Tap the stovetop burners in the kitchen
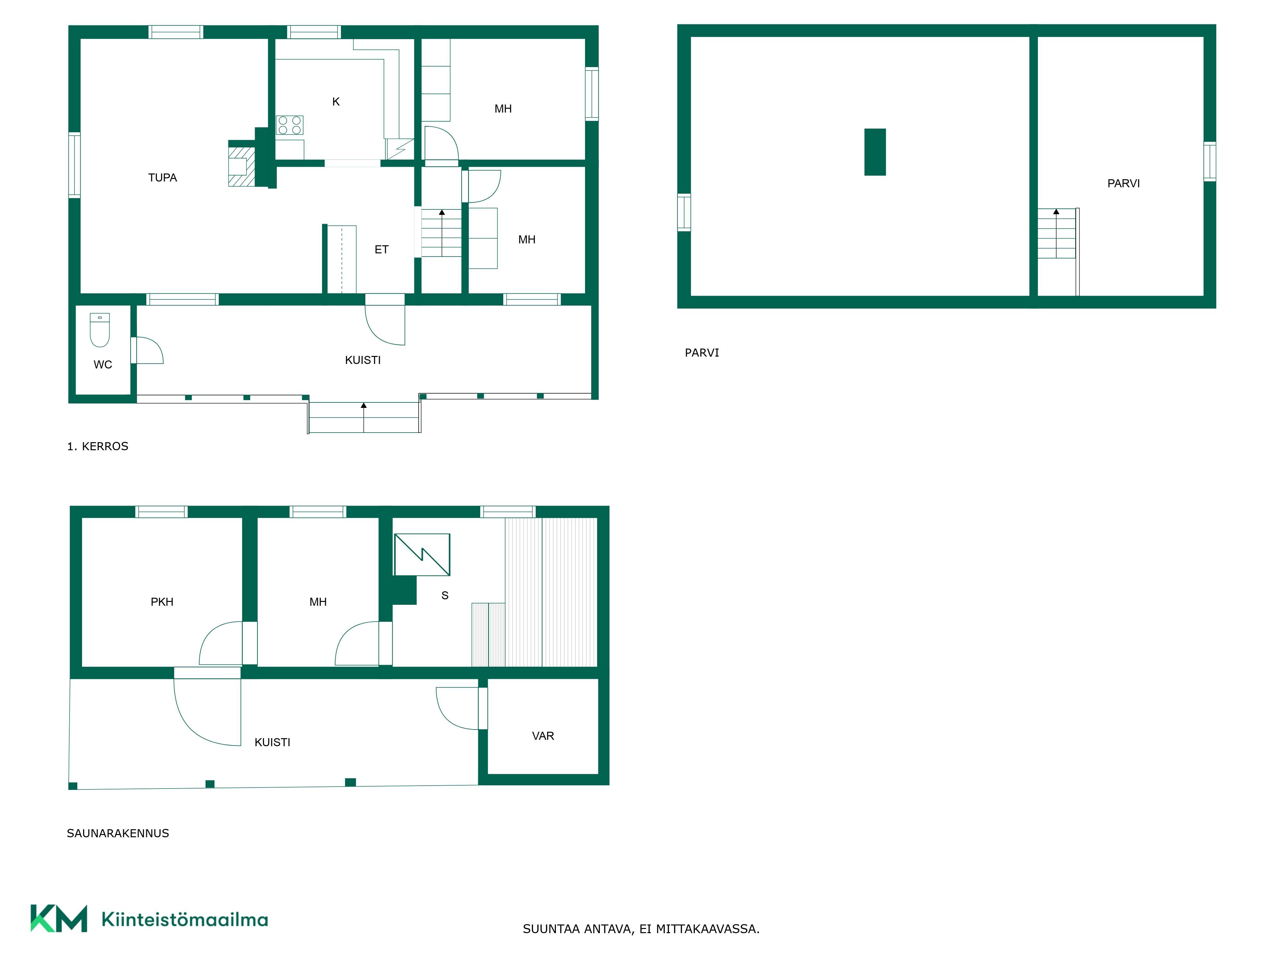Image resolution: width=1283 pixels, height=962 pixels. (289, 125)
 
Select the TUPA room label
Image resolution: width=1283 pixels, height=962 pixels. (162, 177)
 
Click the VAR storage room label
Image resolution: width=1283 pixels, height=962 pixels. (543, 736)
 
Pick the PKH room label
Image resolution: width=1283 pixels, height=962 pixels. (162, 602)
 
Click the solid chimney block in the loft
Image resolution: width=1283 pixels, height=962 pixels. (875, 152)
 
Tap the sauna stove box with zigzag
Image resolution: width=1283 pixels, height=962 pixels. (422, 554)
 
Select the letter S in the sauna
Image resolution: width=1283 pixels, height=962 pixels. (445, 595)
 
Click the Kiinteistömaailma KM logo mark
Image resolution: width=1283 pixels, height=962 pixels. (59, 918)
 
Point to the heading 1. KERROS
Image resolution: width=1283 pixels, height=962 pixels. (98, 446)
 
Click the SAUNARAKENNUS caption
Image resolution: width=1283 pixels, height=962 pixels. (118, 833)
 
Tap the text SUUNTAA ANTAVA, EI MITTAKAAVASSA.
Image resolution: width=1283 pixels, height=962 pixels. (641, 929)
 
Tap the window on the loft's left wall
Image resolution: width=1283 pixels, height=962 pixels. (684, 212)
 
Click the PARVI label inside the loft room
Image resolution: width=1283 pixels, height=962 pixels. (1124, 183)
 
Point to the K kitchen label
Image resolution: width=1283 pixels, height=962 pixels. (336, 101)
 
